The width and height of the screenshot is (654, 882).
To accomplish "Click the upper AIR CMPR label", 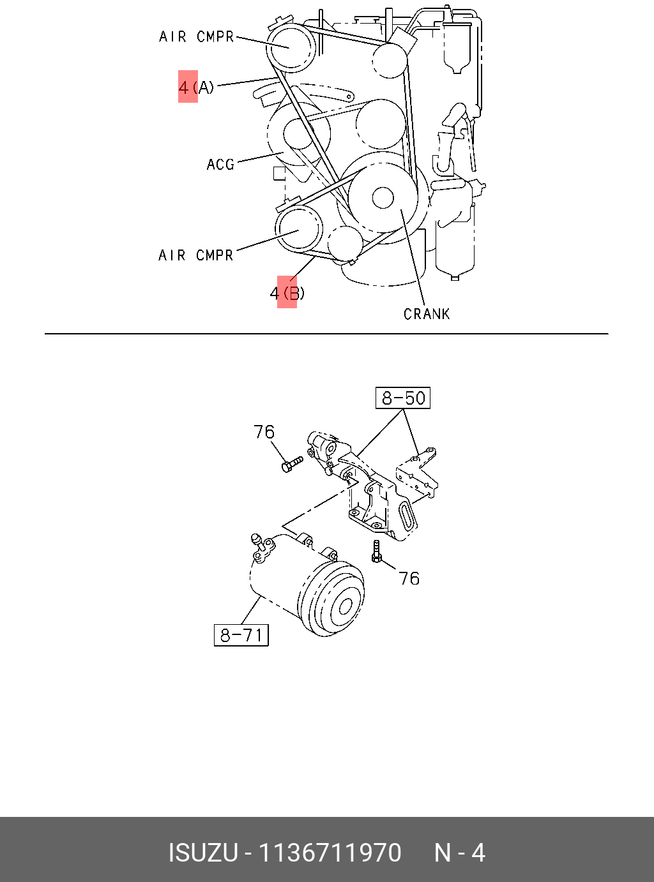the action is pyautogui.click(x=196, y=36).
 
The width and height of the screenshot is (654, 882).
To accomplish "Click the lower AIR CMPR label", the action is pyautogui.click(x=195, y=255).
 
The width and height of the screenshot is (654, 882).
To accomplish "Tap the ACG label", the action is pyautogui.click(x=220, y=164).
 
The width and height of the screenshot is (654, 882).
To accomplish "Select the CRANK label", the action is pyautogui.click(x=427, y=314).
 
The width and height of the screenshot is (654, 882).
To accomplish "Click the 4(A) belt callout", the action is pyautogui.click(x=196, y=87).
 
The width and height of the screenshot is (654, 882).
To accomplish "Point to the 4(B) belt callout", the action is pyautogui.click(x=287, y=294).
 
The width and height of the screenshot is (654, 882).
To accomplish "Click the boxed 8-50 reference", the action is pyautogui.click(x=403, y=398).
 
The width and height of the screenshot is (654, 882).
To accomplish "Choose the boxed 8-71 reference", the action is pyautogui.click(x=241, y=634).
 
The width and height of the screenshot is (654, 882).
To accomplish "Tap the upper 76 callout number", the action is pyautogui.click(x=264, y=432).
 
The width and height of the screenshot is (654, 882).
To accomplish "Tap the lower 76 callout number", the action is pyautogui.click(x=409, y=579).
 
